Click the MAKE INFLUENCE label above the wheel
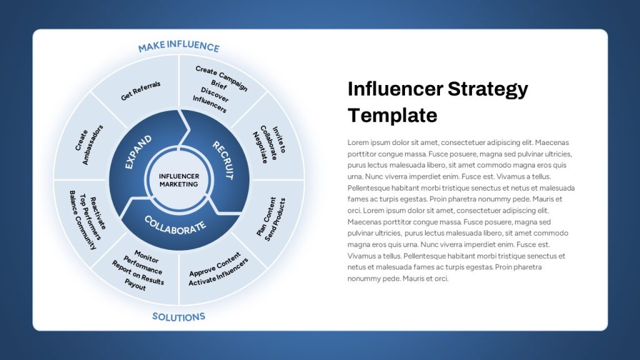(x=179, y=46)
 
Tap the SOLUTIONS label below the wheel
(x=179, y=317)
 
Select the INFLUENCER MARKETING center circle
(x=179, y=180)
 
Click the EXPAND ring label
(x=138, y=152)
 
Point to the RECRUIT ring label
(x=223, y=161)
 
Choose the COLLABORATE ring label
(x=175, y=225)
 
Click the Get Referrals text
(x=141, y=91)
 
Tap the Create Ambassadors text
(x=89, y=145)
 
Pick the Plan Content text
(x=266, y=217)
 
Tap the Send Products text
(x=275, y=219)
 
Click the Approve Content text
(x=215, y=264)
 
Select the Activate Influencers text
(x=218, y=272)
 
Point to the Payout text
(x=135, y=284)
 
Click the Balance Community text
(x=83, y=220)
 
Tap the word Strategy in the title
(x=487, y=89)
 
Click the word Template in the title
(x=392, y=115)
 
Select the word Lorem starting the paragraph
(x=357, y=142)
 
